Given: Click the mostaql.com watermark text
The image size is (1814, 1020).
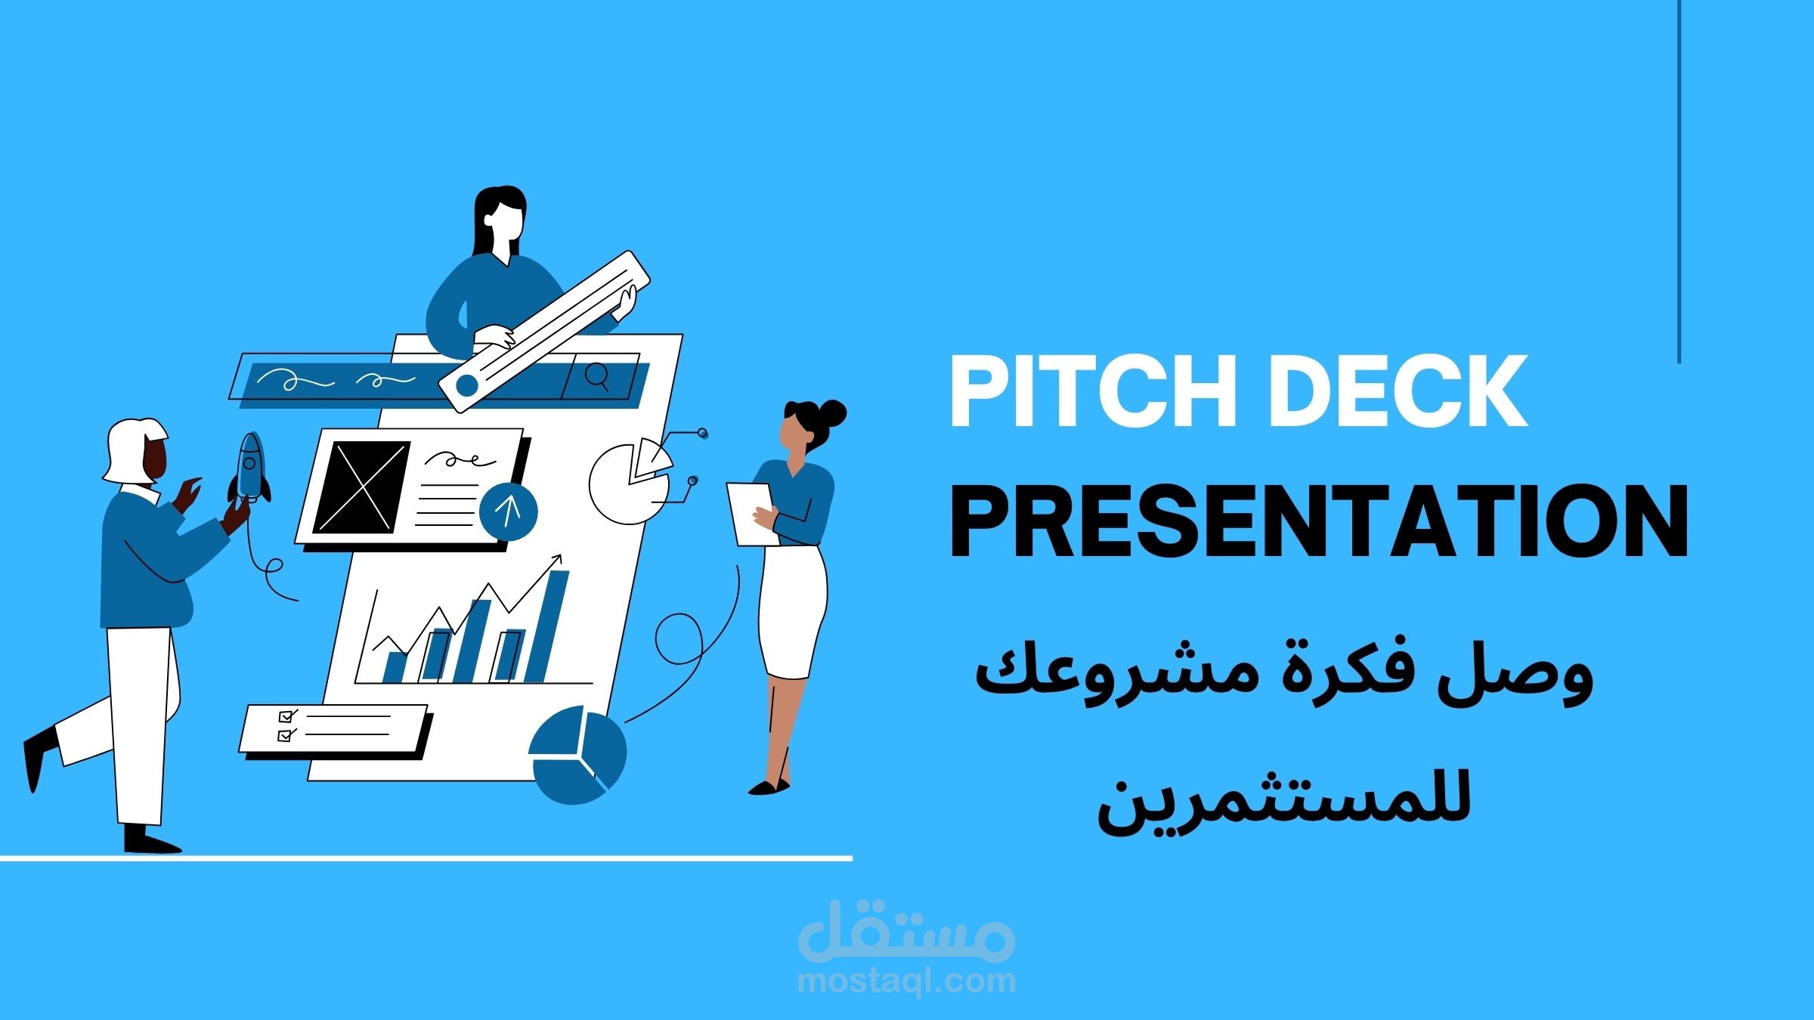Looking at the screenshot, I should click(x=906, y=981).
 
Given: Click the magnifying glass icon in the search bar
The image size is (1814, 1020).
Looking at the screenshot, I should click(x=597, y=376).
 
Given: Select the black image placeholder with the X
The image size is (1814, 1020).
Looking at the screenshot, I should click(x=362, y=487).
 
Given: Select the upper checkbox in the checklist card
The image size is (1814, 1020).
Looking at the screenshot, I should click(x=286, y=716).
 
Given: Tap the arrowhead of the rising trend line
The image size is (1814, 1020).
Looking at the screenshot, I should click(x=558, y=559).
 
